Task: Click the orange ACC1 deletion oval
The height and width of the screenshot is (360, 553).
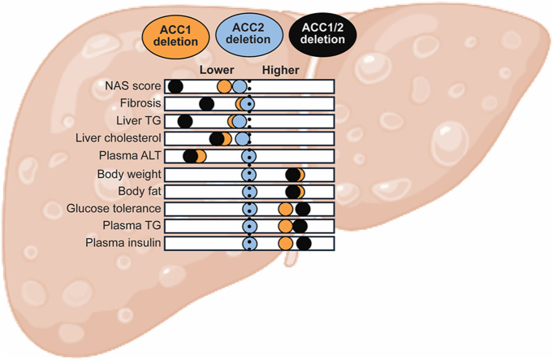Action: (175, 36)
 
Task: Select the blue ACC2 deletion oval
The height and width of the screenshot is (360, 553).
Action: (249, 34)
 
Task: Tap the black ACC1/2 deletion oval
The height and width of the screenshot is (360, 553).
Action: (322, 34)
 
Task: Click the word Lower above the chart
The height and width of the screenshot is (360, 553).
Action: (217, 70)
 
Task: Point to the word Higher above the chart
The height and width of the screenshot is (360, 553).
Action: (281, 70)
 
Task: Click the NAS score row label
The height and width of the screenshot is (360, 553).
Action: (133, 86)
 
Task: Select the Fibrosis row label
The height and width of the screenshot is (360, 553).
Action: (140, 103)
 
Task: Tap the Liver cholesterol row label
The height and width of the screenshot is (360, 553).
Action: (118, 138)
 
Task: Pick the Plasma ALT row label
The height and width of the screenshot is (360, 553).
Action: (130, 155)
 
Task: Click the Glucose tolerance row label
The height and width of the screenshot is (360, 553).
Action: (114, 208)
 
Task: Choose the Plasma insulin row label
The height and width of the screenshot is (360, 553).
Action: (123, 243)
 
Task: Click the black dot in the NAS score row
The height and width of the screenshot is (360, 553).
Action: (175, 86)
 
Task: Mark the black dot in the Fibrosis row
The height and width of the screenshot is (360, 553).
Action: (207, 104)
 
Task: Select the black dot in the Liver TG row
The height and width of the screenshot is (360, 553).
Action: (185, 121)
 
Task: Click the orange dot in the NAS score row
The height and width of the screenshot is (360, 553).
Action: (224, 86)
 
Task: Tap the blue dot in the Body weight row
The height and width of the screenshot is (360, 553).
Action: (249, 175)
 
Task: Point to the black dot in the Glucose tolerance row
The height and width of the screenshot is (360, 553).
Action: (303, 209)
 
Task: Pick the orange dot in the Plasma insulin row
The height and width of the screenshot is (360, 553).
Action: (286, 244)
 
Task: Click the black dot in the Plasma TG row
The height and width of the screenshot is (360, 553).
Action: (300, 226)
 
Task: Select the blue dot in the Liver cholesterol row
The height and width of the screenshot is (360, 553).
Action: (242, 139)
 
